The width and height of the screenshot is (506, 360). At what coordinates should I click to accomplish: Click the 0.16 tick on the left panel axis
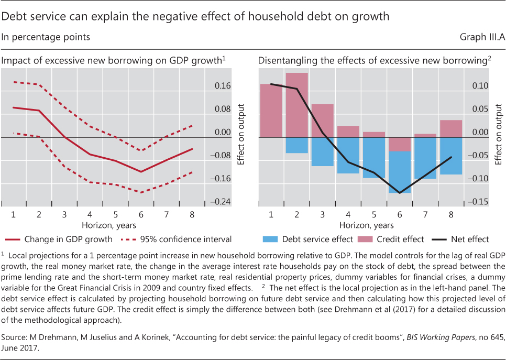[x=223, y=86]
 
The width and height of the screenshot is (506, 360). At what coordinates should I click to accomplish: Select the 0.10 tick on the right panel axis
[x=480, y=86]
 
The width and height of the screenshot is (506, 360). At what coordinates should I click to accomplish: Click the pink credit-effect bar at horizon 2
[x=296, y=105]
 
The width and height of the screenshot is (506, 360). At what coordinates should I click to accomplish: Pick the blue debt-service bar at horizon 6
[x=399, y=172]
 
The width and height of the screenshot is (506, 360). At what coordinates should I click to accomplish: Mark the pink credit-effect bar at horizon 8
[x=450, y=128]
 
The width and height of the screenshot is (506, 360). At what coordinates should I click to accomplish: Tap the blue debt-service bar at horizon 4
[x=348, y=155]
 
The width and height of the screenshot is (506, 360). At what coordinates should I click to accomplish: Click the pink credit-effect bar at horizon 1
[x=271, y=110]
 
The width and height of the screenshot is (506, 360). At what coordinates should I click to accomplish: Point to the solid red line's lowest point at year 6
[x=141, y=172]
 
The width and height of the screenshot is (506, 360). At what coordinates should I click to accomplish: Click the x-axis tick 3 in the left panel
[x=64, y=214]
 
